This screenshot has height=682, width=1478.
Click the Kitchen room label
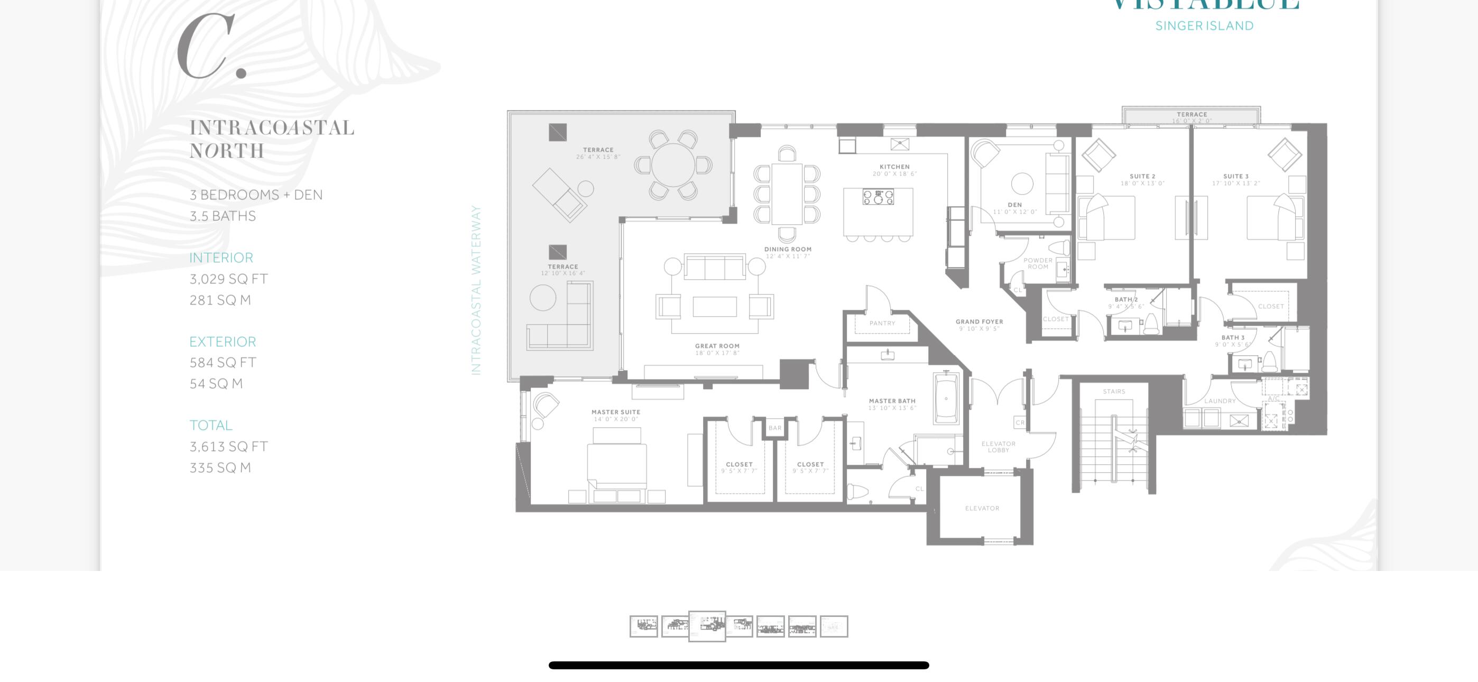(894, 167)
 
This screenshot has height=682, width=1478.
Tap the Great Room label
(717, 346)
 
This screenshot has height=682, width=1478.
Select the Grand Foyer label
(979, 322)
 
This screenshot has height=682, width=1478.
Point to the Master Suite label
(616, 412)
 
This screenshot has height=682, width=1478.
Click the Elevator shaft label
(982, 509)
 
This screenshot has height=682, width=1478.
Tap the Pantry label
(882, 324)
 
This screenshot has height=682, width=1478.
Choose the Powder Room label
(1037, 263)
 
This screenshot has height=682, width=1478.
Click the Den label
(1014, 205)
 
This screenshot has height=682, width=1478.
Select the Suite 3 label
(1235, 177)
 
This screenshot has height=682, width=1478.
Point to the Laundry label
(1219, 401)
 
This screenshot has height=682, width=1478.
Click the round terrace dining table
(672, 165)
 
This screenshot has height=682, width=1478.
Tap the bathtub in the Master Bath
(946, 398)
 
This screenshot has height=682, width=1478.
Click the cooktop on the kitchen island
(878, 198)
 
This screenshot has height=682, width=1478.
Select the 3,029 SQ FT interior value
(228, 279)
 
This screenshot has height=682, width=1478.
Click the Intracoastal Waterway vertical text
(476, 290)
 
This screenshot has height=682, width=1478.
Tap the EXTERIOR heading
(223, 342)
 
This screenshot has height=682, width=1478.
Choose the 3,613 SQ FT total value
(228, 447)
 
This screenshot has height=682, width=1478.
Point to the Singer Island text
(1204, 26)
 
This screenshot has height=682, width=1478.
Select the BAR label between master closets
(774, 428)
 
